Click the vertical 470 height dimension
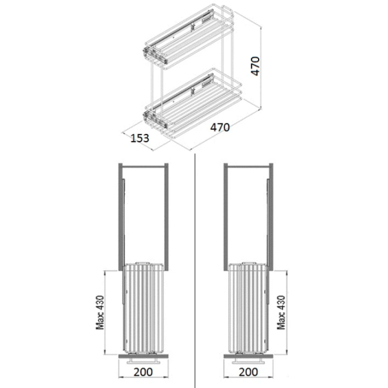[255, 66]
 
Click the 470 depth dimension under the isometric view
[220, 127]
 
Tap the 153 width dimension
[140, 138]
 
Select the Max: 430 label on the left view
[100, 312]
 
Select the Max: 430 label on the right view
[281, 312]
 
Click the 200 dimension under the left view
[144, 372]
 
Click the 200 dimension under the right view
[248, 372]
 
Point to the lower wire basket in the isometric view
[192, 104]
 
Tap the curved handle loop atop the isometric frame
[228, 11]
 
